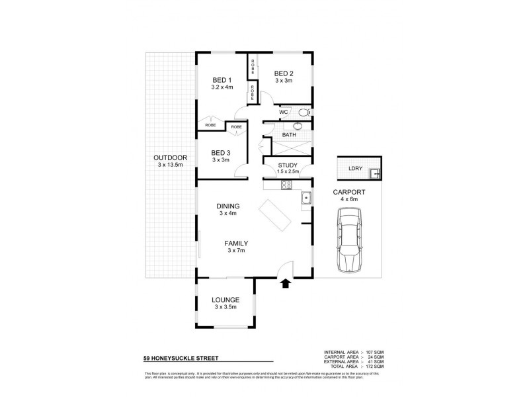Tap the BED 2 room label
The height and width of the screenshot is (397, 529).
tap(284, 73)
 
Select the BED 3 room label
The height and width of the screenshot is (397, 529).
tap(221, 152)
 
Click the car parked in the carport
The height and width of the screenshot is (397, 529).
tap(349, 241)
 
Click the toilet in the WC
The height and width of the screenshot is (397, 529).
tap(304, 112)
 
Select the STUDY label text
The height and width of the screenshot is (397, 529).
tap(288, 165)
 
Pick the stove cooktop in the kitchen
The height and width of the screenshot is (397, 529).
tap(286, 187)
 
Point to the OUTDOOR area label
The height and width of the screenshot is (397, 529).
tap(170, 157)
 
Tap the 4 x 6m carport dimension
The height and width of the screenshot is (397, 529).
tap(349, 198)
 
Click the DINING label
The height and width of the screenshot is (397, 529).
tap(227, 206)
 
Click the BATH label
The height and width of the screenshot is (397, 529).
tap(289, 135)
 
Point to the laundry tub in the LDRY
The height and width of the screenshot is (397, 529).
tap(374, 174)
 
